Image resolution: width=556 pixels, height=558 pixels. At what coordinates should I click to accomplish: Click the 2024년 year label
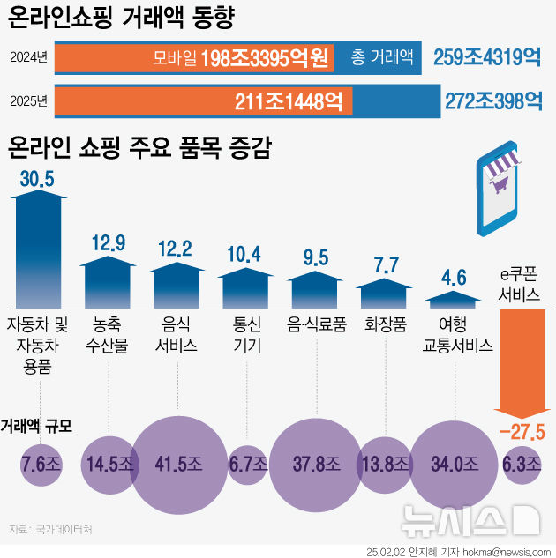click(27, 59)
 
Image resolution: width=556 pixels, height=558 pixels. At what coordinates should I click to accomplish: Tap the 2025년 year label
click(27, 100)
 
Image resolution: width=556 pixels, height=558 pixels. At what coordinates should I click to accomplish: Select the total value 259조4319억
click(487, 59)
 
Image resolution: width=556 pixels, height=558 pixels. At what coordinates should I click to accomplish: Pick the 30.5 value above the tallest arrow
click(36, 179)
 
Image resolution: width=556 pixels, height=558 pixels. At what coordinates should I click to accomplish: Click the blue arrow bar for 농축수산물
click(109, 279)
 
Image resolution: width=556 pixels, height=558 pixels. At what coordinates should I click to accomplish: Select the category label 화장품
click(386, 324)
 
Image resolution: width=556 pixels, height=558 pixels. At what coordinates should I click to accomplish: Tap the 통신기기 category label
click(247, 334)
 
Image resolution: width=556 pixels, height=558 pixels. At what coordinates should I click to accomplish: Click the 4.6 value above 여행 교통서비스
click(454, 278)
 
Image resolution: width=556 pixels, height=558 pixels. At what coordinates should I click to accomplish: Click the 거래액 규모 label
click(36, 425)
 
